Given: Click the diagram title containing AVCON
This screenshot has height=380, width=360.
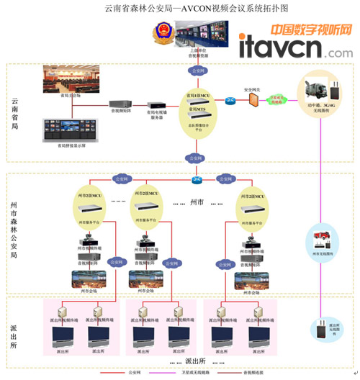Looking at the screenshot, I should pos(180,9).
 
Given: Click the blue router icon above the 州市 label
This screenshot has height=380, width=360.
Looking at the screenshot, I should pos(197,180).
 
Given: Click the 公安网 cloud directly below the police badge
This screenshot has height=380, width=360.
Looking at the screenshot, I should pos(197,71).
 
